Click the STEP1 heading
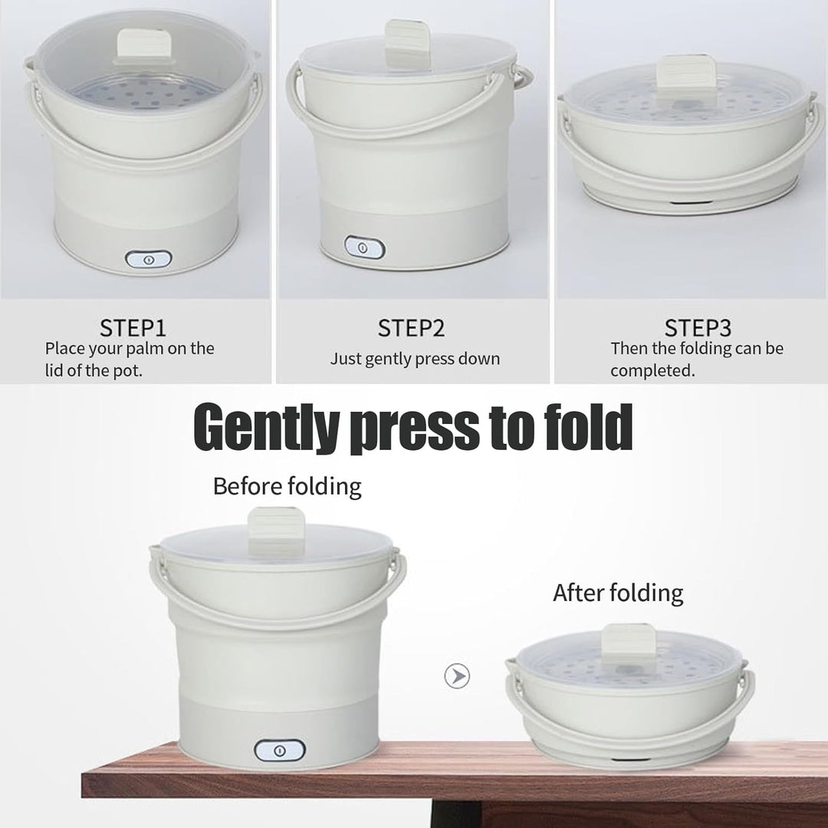[133, 328]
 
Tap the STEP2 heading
[412, 328]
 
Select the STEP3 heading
[698, 328]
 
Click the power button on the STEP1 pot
[149, 259]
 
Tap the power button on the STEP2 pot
[364, 248]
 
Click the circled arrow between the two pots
[457, 676]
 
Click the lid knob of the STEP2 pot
[408, 41]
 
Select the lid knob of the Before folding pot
[276, 531]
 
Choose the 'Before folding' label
[287, 486]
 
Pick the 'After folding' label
[618, 593]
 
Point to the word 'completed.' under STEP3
[652, 371]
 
